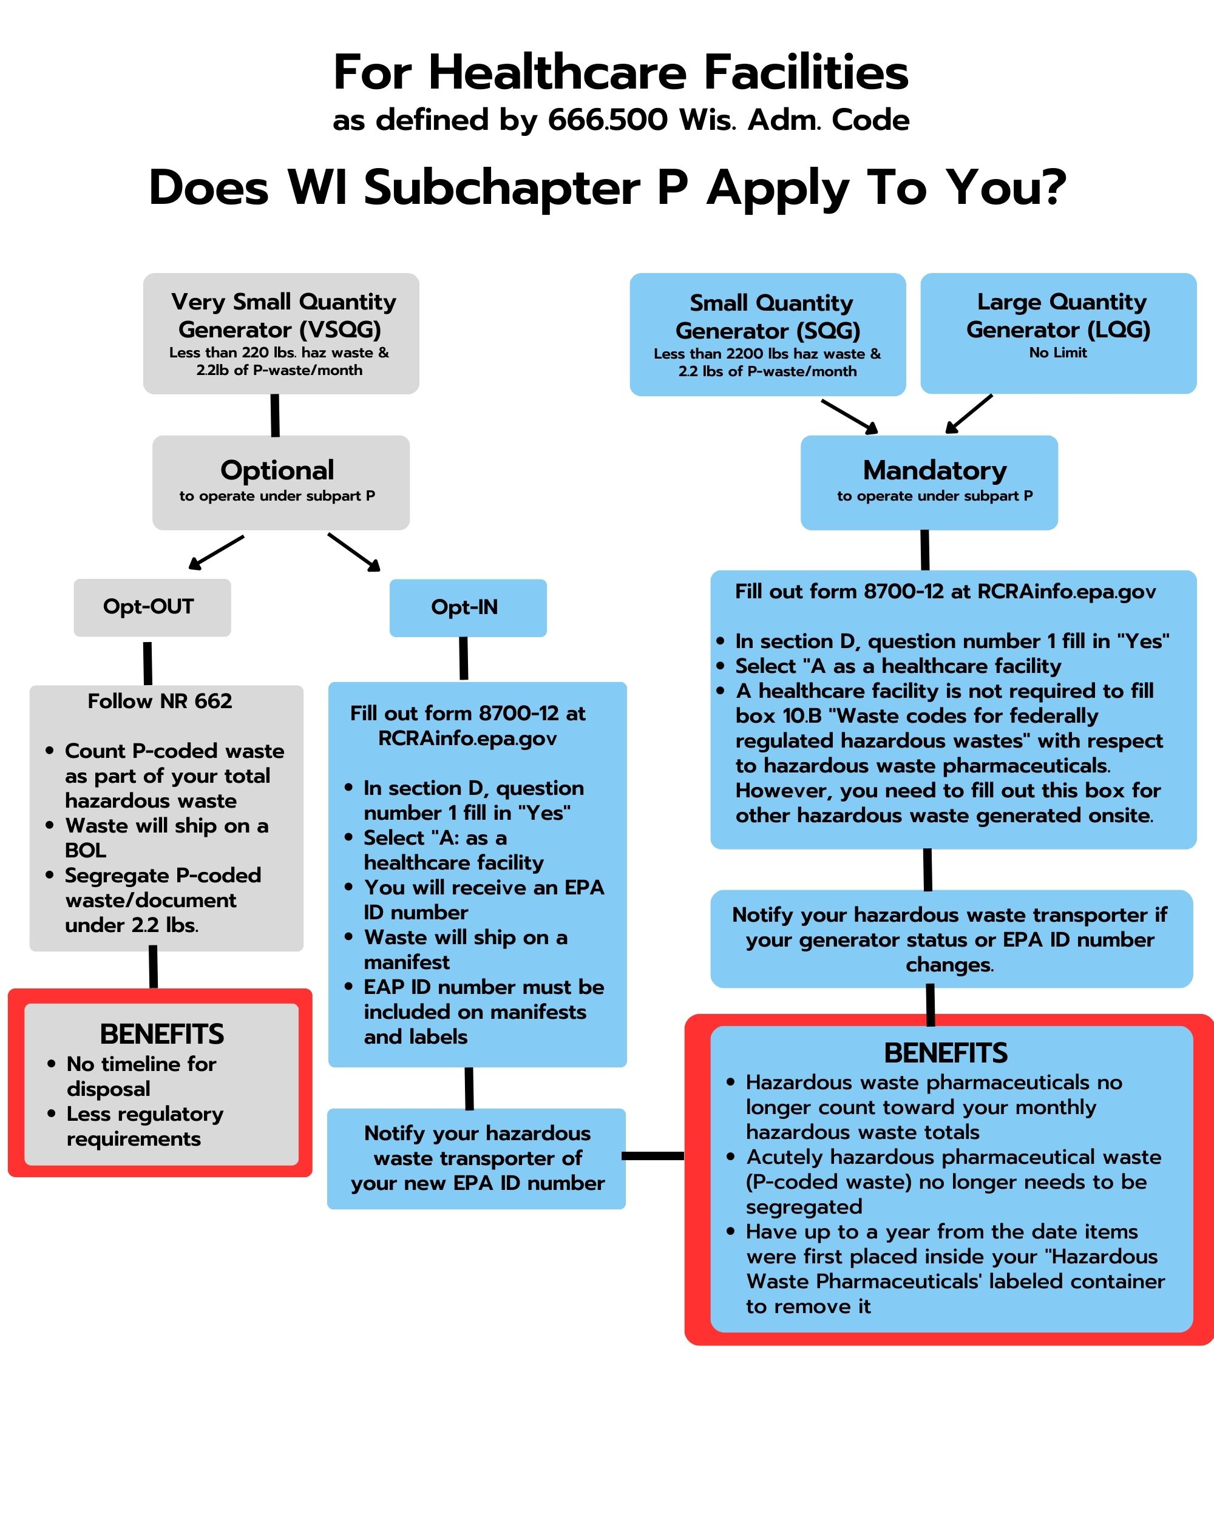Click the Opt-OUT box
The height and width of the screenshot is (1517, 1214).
pyautogui.click(x=152, y=607)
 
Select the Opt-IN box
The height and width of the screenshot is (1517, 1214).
pyautogui.click(x=468, y=608)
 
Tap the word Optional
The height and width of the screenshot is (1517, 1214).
pyautogui.click(x=277, y=471)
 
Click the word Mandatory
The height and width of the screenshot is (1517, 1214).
pyautogui.click(x=935, y=470)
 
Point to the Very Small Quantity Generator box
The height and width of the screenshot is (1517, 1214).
pyautogui.click(x=281, y=334)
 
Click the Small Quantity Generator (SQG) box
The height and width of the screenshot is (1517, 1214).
pyautogui.click(x=768, y=334)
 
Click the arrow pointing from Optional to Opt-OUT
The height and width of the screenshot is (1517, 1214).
pyautogui.click(x=216, y=552)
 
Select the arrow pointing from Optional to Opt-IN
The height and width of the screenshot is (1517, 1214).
pyautogui.click(x=354, y=552)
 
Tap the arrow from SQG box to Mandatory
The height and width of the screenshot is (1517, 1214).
pyautogui.click(x=849, y=416)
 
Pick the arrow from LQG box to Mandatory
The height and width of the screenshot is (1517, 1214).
pyautogui.click(x=968, y=414)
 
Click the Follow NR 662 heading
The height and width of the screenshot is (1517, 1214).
pyautogui.click(x=160, y=701)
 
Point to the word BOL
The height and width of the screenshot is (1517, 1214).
pyautogui.click(x=85, y=850)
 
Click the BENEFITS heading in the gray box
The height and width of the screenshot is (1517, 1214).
pyautogui.click(x=162, y=1035)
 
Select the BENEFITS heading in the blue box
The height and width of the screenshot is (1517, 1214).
pyautogui.click(x=946, y=1053)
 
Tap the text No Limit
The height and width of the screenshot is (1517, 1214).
pyautogui.click(x=1058, y=353)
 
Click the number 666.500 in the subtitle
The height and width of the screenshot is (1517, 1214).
pyautogui.click(x=608, y=120)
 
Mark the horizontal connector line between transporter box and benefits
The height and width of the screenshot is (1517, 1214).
pyautogui.click(x=653, y=1155)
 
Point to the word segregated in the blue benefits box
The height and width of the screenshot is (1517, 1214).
pyautogui.click(x=804, y=1207)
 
